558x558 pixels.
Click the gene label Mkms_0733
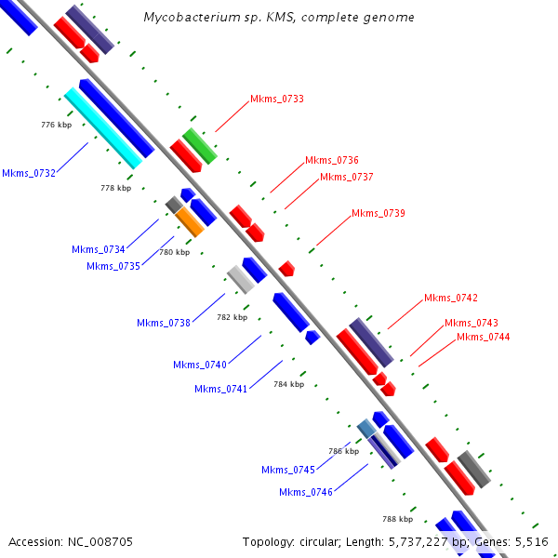point(277,99)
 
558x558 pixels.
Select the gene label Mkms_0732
point(29,173)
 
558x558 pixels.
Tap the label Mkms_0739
point(379,214)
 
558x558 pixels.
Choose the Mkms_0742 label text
point(451,298)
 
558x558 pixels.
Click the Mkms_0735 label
point(113,266)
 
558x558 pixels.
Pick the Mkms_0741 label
point(221,389)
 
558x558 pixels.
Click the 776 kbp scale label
point(57,124)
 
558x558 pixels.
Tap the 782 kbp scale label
point(232,317)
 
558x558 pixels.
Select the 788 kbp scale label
point(397,519)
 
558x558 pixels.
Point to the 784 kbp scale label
point(288,383)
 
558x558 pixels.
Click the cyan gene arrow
point(103,128)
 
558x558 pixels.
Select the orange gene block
point(190,221)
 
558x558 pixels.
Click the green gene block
point(200,146)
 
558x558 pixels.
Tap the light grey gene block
point(241,278)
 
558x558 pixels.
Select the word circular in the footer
point(325,541)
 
